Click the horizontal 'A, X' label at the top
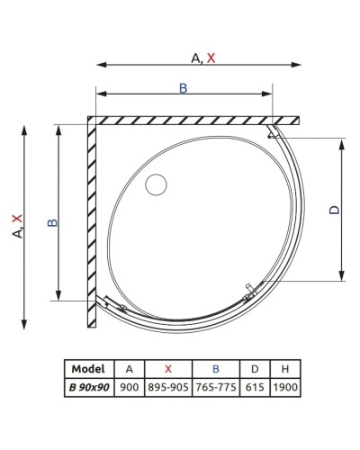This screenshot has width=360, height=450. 203,58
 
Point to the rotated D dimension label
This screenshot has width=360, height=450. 334,210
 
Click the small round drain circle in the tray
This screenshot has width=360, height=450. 157,185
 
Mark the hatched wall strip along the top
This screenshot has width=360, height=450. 193,120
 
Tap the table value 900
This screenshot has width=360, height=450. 130,388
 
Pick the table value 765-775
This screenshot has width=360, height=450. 217,388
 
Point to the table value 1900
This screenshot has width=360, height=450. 285,388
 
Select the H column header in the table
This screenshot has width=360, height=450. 285,369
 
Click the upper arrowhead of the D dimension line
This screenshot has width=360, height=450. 342,144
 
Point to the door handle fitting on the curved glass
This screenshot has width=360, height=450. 251,292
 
